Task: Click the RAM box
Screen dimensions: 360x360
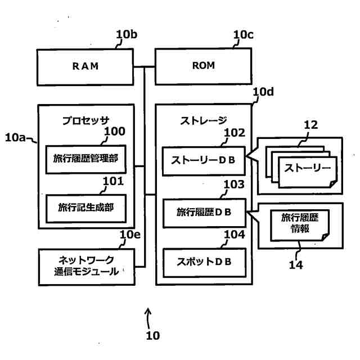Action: (85, 66)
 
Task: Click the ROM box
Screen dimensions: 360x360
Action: (204, 66)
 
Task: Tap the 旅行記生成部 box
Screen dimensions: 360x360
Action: (85, 208)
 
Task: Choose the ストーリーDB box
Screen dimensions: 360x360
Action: (204, 159)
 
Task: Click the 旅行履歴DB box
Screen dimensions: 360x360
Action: (204, 212)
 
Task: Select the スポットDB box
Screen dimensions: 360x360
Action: (204, 262)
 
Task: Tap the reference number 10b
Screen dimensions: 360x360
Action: (126, 35)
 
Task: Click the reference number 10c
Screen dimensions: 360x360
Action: (243, 35)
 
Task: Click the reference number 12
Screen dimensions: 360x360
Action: (311, 125)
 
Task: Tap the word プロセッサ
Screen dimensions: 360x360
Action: (85, 119)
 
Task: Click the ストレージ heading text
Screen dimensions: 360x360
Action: (204, 119)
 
